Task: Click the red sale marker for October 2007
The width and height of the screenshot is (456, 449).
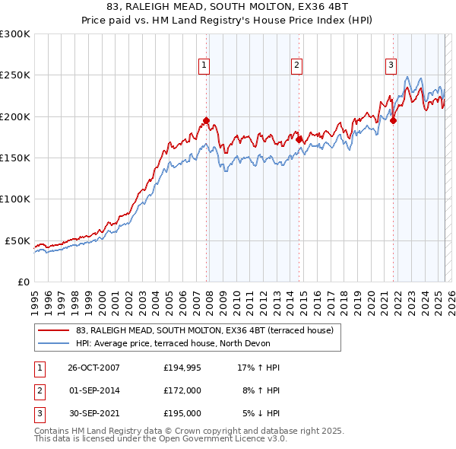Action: pyautogui.click(x=206, y=121)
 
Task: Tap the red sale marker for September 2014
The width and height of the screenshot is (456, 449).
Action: pyautogui.click(x=299, y=139)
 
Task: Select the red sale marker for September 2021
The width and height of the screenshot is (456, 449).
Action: pyautogui.click(x=394, y=120)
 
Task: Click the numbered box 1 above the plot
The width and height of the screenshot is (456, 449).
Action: pyautogui.click(x=205, y=66)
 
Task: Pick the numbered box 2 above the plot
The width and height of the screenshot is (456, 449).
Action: pyautogui.click(x=296, y=66)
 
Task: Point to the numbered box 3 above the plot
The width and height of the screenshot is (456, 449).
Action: pyautogui.click(x=391, y=66)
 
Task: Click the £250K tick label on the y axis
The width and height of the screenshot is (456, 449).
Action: pyautogui.click(x=15, y=75)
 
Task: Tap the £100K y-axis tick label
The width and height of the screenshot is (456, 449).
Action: pyautogui.click(x=15, y=199)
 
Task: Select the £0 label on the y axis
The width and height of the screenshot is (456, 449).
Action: pyautogui.click(x=24, y=282)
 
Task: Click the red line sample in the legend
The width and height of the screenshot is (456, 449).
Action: pyautogui.click(x=54, y=330)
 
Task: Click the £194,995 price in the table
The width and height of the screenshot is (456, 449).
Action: pyautogui.click(x=182, y=368)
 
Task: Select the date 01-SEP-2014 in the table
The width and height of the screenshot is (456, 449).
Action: pyautogui.click(x=94, y=390)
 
